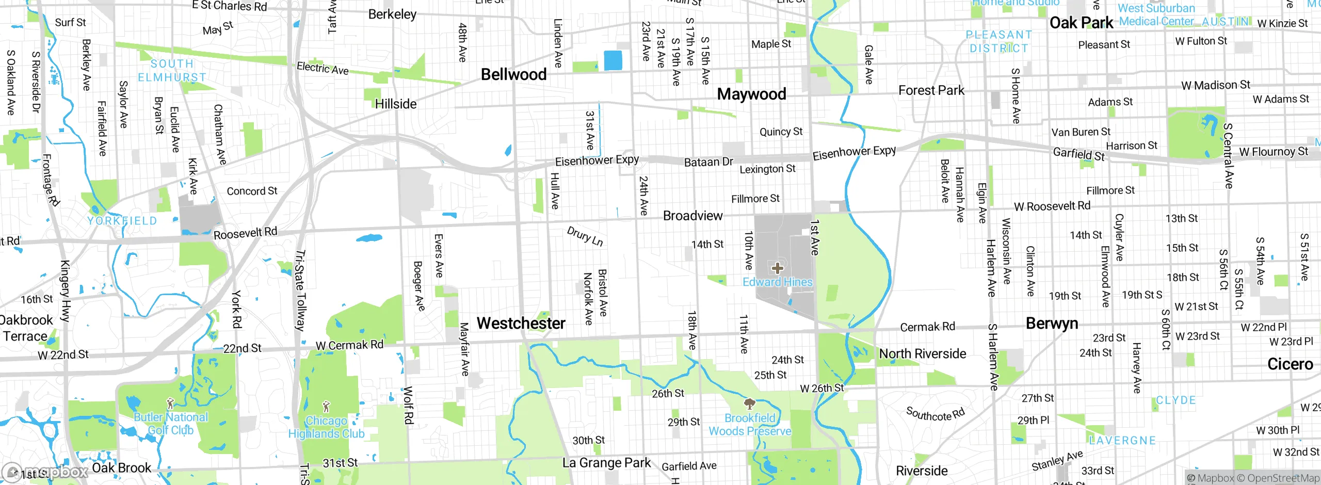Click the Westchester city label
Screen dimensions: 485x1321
click(521, 324)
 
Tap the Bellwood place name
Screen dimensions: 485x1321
click(513, 74)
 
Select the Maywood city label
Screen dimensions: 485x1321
click(751, 94)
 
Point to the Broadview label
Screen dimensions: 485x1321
click(692, 216)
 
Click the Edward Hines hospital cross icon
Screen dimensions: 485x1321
click(778, 268)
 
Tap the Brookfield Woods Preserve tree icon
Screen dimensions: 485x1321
click(749, 403)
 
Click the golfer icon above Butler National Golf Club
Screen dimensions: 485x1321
click(171, 403)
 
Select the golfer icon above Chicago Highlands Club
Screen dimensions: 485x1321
click(326, 407)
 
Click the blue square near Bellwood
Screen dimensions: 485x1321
click(613, 60)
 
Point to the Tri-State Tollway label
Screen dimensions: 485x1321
click(300, 290)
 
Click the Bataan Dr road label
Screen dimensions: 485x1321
click(708, 162)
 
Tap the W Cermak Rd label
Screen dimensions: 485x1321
click(349, 345)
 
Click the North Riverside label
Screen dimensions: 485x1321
click(922, 354)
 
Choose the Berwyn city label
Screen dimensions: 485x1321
click(1052, 324)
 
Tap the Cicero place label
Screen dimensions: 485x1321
click(1290, 364)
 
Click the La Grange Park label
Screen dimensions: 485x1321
click(606, 463)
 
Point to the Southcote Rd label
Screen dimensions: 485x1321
click(935, 414)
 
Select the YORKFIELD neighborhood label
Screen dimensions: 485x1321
click(122, 221)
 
